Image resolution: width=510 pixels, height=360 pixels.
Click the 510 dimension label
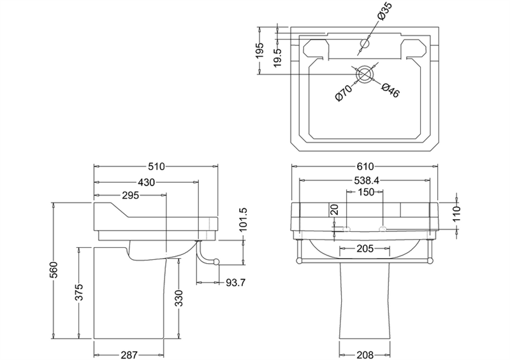click(156, 166)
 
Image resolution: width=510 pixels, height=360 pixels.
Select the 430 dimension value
click(146, 182)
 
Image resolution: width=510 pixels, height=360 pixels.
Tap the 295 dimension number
click(130, 196)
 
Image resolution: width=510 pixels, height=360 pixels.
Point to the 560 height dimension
click(54, 270)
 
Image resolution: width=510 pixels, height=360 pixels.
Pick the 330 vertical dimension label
click(179, 298)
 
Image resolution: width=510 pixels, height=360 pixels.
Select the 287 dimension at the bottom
click(129, 355)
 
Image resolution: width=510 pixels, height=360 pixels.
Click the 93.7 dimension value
click(236, 283)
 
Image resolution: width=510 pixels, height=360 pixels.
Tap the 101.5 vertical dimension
click(244, 220)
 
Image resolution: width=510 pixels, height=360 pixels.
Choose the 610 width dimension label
click(365, 166)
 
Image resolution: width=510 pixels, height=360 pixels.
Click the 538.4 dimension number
click(365, 180)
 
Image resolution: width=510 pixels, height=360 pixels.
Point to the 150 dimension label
click(366, 192)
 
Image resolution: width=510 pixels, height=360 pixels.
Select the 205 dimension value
click(365, 248)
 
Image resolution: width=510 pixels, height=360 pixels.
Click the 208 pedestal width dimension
click(365, 355)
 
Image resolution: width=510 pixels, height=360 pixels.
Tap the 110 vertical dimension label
click(456, 213)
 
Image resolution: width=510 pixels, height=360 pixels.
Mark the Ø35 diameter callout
click(385, 11)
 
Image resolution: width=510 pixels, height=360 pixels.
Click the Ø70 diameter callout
click(344, 92)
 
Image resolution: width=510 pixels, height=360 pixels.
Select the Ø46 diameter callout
click(390, 90)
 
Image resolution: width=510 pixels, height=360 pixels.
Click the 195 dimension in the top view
click(259, 51)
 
